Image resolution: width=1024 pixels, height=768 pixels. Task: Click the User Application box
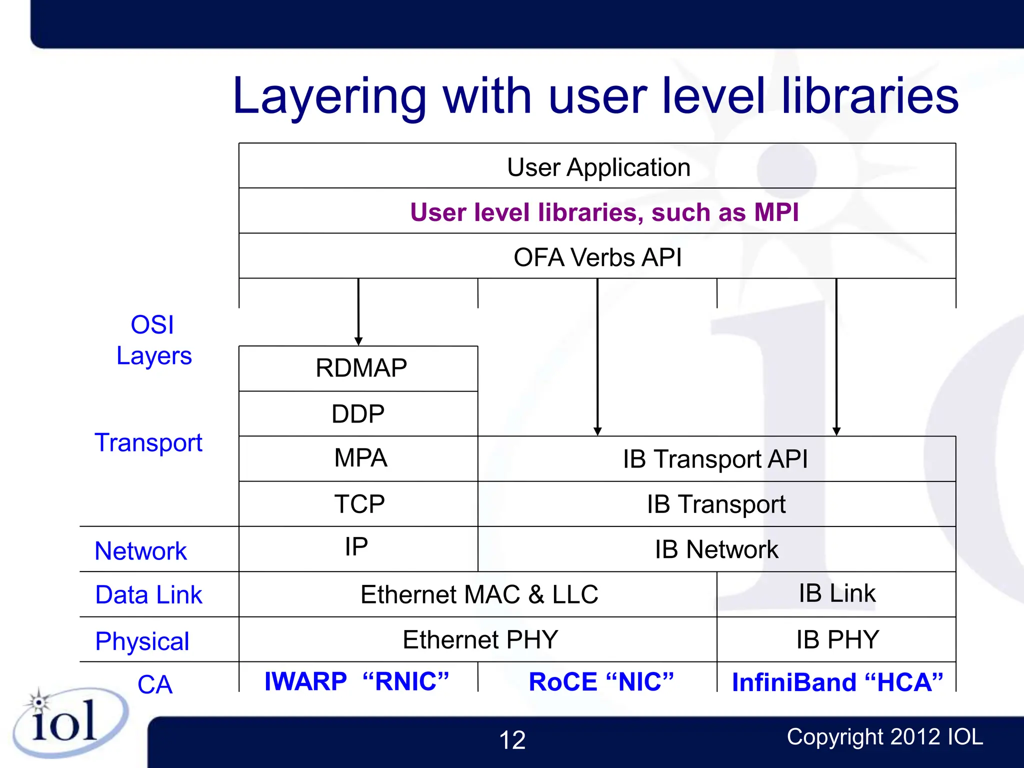tap(598, 166)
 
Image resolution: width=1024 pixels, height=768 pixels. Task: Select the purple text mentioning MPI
tap(604, 212)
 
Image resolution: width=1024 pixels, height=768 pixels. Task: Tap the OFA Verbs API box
tap(597, 257)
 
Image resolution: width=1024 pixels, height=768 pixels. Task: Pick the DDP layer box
tap(358, 414)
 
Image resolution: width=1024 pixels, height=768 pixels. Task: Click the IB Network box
tap(716, 549)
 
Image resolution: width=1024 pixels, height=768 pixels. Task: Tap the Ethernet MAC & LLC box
tap(478, 594)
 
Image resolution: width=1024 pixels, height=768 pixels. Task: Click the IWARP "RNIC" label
tap(356, 681)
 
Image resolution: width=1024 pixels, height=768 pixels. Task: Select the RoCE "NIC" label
tap(601, 681)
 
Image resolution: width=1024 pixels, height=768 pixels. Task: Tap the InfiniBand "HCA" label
tap(837, 682)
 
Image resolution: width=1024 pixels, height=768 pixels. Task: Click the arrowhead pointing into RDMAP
tap(358, 341)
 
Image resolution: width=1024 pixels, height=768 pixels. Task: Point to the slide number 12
tap(512, 740)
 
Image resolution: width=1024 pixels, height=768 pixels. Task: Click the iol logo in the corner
tap(65, 722)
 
